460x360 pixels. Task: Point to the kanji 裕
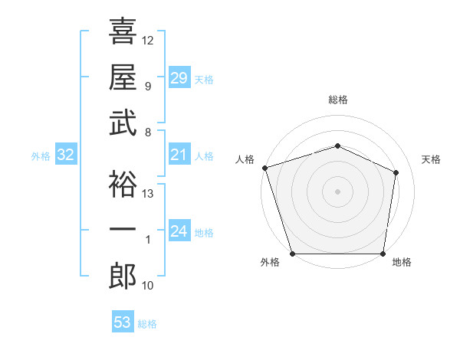123,185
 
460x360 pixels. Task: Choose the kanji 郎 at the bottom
123,277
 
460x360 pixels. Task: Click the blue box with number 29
179,78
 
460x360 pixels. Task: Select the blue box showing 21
179,155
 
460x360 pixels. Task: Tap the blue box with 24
179,231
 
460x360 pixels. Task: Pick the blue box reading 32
65,155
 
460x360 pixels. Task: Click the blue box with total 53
122,322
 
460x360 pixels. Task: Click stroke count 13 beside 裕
148,194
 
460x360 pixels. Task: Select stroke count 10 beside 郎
148,286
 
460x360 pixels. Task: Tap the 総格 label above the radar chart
337,100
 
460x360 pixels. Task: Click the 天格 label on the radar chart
432,159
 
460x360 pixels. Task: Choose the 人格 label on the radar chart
245,159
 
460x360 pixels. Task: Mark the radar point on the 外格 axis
292,254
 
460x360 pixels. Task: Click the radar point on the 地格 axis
383,254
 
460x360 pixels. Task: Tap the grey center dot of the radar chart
337,191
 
